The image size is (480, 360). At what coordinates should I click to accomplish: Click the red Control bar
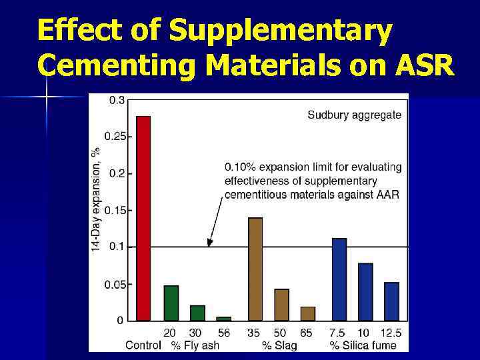click(143, 218)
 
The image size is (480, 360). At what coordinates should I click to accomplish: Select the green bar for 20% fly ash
click(171, 303)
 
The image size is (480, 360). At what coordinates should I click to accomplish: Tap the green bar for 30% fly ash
click(197, 313)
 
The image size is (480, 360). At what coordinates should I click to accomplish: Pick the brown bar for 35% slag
click(255, 269)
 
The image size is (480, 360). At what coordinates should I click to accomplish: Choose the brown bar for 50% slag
click(281, 304)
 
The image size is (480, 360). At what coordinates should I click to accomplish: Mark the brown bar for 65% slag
click(308, 313)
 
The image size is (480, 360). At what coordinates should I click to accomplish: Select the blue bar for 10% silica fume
click(365, 291)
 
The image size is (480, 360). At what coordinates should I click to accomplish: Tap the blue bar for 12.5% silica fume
click(392, 301)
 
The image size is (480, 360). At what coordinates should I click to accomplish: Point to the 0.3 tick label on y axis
click(116, 100)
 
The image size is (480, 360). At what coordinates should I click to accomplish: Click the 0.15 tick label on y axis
click(113, 210)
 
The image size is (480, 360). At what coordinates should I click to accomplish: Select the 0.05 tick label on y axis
click(113, 284)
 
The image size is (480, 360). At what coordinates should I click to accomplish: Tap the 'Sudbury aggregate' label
click(354, 115)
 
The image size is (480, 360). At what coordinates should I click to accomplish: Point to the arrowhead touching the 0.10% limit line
click(209, 243)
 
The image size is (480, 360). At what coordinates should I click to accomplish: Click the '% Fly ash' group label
click(195, 345)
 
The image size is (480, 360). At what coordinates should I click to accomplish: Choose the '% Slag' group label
click(279, 345)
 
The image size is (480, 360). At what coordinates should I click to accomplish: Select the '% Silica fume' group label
click(363, 345)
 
